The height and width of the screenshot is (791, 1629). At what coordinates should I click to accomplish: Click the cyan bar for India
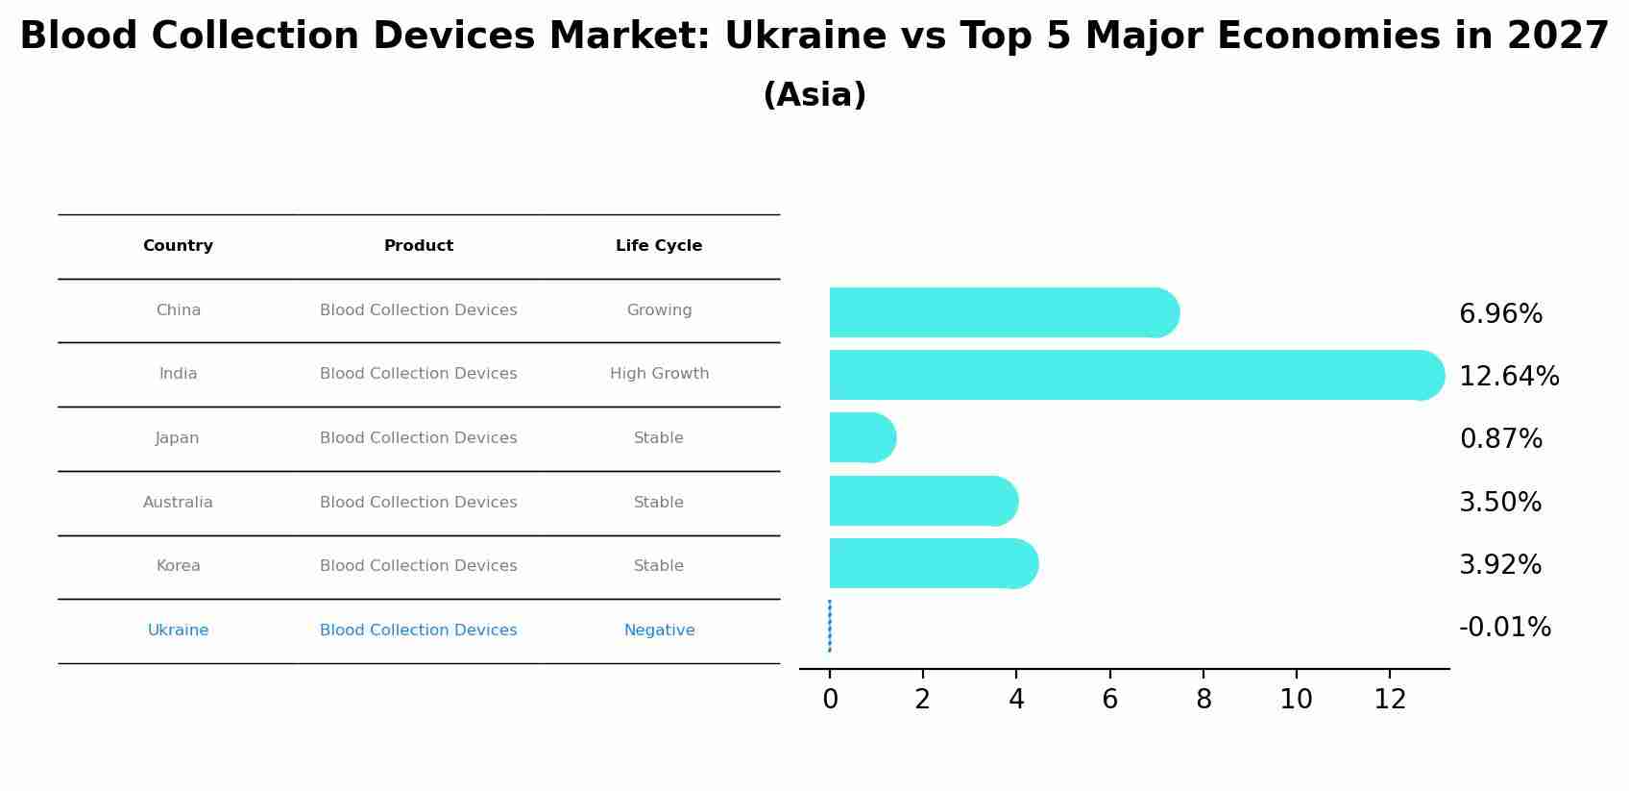coord(1133,375)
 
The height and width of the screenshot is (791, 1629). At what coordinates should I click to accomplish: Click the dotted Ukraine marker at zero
coord(829,626)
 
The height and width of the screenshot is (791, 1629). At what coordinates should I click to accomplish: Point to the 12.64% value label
coord(1509,377)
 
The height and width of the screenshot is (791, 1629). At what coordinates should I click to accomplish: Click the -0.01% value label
coord(1504,628)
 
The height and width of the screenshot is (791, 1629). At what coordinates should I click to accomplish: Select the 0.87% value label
coord(1500,439)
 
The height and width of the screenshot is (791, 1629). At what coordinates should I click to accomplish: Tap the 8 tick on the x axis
coord(1204,700)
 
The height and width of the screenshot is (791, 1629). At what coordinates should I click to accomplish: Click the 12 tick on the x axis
coord(1390,700)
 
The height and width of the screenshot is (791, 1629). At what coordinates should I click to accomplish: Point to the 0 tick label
coord(830,700)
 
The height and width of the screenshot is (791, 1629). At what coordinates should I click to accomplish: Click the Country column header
coord(178,246)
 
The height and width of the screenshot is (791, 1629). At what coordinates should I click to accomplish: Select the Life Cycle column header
coord(659,246)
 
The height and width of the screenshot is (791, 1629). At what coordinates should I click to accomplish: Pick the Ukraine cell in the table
coord(178,630)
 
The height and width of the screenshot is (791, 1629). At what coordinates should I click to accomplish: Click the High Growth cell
coord(659,374)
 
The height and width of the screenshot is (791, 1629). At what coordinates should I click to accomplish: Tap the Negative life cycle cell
coord(659,630)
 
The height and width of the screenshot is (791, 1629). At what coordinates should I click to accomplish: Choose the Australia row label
coord(178,503)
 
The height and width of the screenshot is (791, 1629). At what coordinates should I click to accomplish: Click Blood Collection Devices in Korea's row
coord(418,566)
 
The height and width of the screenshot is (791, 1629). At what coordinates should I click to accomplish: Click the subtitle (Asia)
coord(814,95)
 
